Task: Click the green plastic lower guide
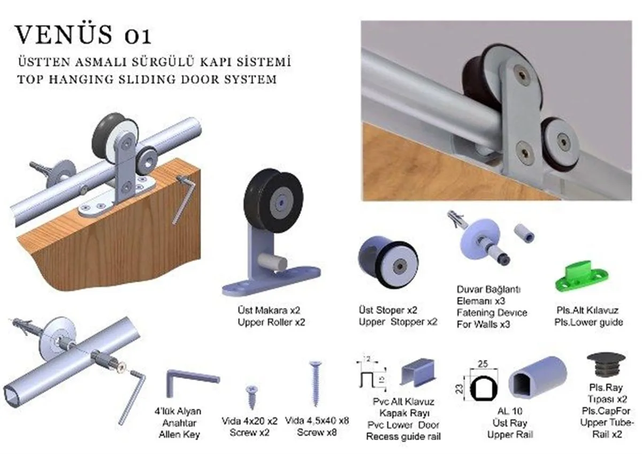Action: (581, 278)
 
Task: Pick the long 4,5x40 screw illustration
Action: (315, 383)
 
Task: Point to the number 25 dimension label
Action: (483, 364)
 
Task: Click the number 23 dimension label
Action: (459, 389)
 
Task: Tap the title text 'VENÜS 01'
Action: (83, 35)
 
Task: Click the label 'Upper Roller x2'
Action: (271, 322)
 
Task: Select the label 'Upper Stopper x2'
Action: (398, 322)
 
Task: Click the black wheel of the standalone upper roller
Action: (273, 200)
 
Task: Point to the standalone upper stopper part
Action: (388, 261)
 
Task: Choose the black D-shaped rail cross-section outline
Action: (484, 389)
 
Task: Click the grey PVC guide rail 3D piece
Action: (418, 373)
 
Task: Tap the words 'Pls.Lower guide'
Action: (588, 322)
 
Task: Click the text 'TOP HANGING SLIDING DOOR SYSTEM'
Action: (147, 79)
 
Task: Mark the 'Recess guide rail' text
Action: (403, 436)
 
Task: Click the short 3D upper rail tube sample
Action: (538, 377)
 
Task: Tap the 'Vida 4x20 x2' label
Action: (250, 421)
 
